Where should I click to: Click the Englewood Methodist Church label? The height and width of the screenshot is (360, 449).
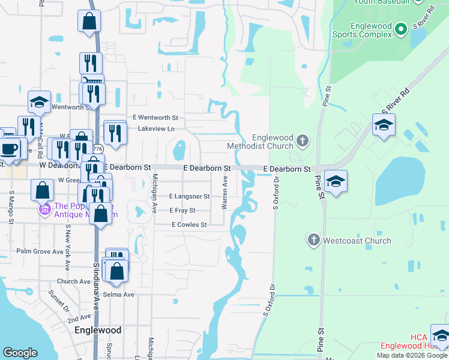click(x=260, y=141)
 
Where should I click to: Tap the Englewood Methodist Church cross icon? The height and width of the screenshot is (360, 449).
click(x=303, y=142)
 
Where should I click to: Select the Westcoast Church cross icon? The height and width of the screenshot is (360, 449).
click(x=313, y=241)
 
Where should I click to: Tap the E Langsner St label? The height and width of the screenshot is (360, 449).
click(x=189, y=196)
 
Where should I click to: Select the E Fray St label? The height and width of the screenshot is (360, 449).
click(x=182, y=211)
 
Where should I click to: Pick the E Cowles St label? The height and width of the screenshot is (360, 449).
click(x=189, y=225)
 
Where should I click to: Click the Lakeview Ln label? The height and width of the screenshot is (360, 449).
click(x=156, y=129)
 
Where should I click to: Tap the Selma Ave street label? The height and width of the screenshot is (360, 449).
click(x=121, y=295)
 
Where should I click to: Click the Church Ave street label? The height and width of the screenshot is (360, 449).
click(x=74, y=281)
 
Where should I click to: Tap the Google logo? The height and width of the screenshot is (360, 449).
click(x=20, y=353)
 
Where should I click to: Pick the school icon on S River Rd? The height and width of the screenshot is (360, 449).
click(x=384, y=125)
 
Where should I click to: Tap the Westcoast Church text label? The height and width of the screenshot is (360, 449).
click(x=357, y=241)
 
